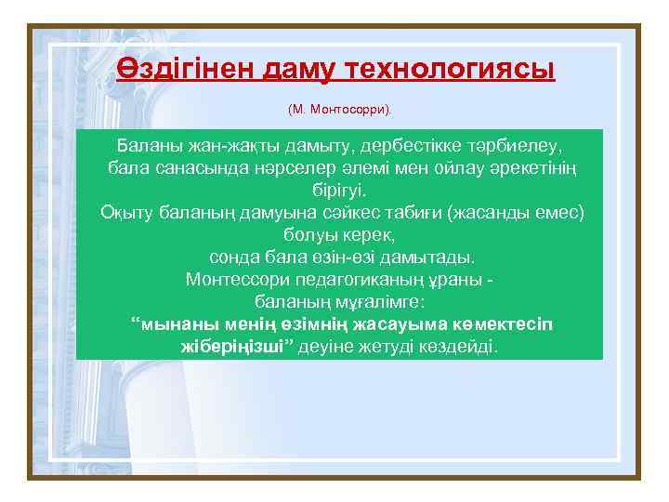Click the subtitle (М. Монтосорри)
[340, 110]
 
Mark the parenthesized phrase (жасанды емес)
[516, 212]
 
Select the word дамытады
[430, 256]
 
